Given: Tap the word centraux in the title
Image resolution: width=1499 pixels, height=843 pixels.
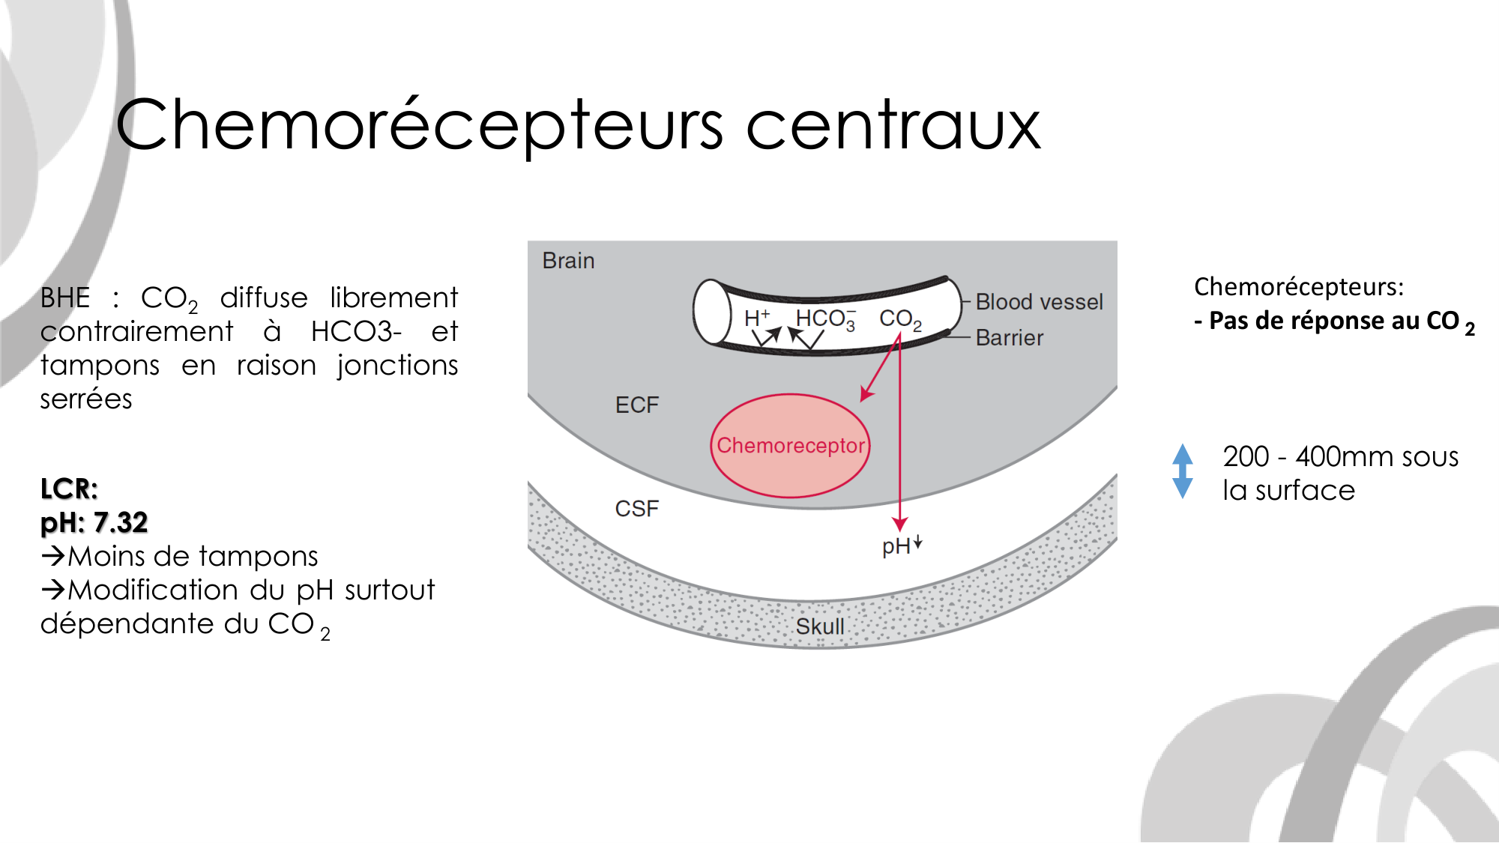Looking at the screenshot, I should pos(893,126).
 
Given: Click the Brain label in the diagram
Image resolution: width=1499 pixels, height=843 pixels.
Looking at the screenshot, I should pos(568,261).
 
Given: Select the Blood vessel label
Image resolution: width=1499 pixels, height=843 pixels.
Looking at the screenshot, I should pos(1039,302).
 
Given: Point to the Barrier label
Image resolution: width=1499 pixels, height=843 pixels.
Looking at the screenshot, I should pos(1009,338).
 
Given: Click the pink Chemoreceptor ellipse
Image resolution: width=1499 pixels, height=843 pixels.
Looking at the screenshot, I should pos(790,446).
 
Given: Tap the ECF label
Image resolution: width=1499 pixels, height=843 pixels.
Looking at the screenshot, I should pos(636,405).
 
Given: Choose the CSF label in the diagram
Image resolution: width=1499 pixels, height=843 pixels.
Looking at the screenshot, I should pos(636,509).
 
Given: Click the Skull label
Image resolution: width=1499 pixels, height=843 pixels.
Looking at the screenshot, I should pos(819,626).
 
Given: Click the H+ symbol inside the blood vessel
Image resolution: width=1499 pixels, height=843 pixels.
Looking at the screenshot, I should pos(755,318).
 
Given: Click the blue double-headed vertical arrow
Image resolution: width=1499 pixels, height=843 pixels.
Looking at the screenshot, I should pos(1183,471).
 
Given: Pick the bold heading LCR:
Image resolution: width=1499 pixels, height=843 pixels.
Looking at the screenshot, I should pos(69,489).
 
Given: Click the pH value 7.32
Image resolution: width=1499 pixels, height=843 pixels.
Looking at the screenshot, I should pos(121,522).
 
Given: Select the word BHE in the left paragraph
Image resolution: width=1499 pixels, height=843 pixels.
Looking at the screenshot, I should pos(65,298).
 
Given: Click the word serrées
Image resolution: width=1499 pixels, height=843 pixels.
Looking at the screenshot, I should pos(86,399).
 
